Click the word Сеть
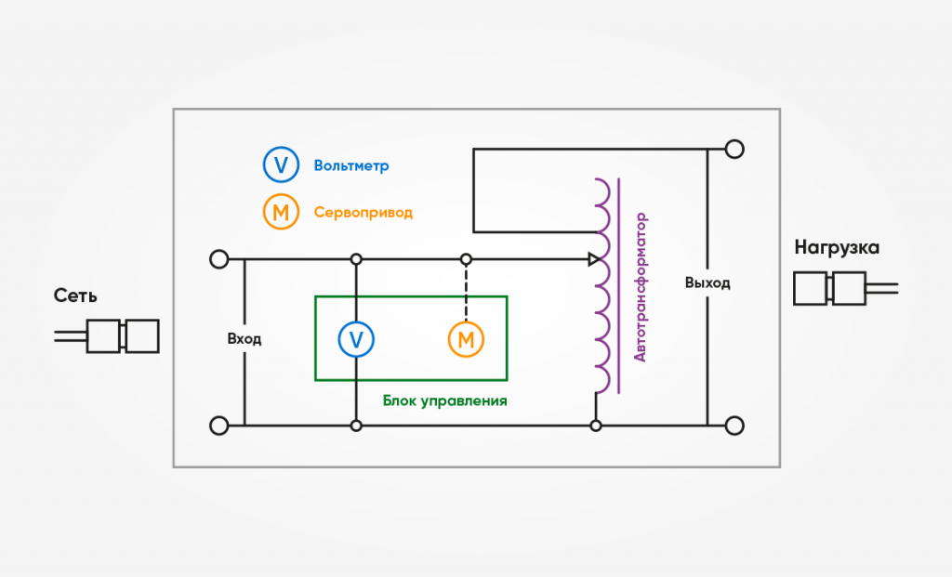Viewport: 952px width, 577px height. (x=75, y=296)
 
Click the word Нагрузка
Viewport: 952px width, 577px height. (x=837, y=248)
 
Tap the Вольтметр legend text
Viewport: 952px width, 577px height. (x=351, y=166)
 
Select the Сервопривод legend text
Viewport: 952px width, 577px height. (x=362, y=213)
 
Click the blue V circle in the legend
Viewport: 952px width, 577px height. (x=280, y=165)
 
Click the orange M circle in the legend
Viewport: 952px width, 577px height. (x=280, y=213)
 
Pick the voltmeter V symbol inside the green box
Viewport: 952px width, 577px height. (x=355, y=339)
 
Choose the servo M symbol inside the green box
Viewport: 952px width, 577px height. (x=466, y=339)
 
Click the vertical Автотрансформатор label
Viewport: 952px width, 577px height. (x=640, y=288)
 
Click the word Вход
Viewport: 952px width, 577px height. (x=245, y=339)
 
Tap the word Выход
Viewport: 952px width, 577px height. (x=707, y=282)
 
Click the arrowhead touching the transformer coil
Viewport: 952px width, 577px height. (x=594, y=259)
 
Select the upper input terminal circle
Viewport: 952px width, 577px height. (x=219, y=259)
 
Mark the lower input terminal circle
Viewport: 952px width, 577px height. (x=219, y=426)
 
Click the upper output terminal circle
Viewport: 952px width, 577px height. (x=734, y=149)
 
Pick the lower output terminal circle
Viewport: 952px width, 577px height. (x=734, y=426)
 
